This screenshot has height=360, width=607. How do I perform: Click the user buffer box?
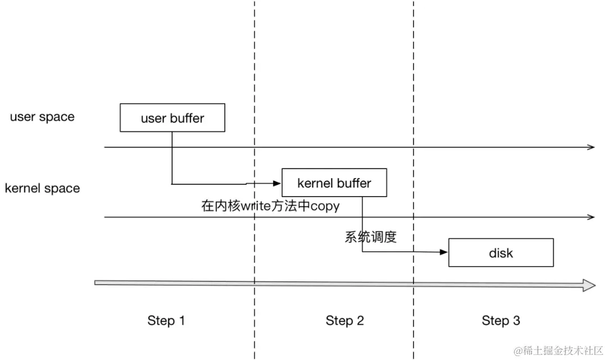pos(172,118)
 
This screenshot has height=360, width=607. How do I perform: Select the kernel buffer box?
pos(334,183)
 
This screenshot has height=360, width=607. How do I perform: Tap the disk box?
pos(501,253)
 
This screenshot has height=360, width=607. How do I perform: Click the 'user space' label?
pos(42,117)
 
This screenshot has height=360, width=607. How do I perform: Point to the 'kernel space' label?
pos(42,189)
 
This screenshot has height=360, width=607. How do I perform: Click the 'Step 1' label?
pos(166,321)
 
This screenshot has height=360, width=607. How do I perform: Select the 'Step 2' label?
pos(345,321)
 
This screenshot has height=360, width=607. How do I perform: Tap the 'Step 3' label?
pos(501,321)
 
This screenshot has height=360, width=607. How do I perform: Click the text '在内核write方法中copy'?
pos(270,206)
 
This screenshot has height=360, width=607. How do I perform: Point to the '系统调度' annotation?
pos(370,237)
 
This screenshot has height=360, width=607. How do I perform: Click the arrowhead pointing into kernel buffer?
pos(277,183)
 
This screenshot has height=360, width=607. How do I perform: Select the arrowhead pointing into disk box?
pos(444,253)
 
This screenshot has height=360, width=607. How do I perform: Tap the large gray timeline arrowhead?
pos(589,285)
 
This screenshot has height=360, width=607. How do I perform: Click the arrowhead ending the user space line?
pos(591,147)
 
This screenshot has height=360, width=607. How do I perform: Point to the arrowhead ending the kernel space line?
pos(591,217)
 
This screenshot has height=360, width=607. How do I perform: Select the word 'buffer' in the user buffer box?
pos(187,119)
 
